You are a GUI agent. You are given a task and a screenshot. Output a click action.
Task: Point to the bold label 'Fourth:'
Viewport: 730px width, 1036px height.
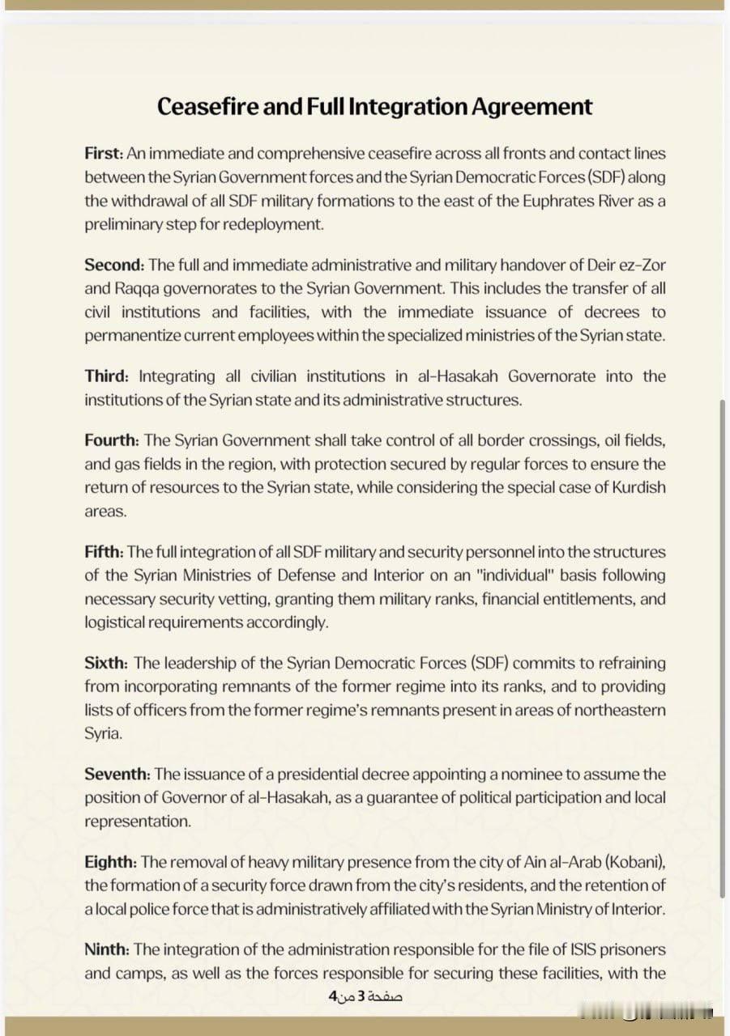coord(112,441)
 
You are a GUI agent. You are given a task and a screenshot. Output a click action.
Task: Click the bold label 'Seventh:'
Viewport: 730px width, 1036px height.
coord(117,775)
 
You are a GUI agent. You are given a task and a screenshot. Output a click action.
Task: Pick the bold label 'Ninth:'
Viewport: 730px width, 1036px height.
coord(106,949)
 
